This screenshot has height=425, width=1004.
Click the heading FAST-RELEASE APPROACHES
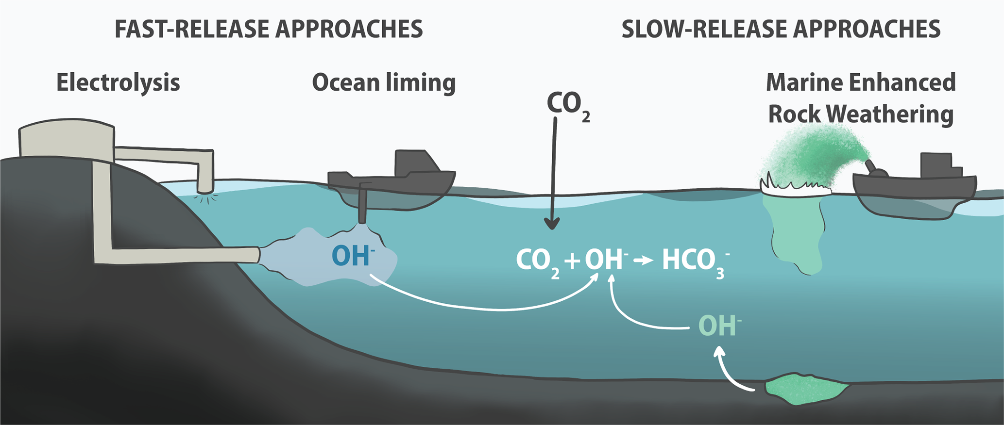click(x=269, y=29)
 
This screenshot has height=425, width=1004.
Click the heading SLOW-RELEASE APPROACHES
click(x=781, y=29)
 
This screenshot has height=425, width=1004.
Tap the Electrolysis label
click(x=118, y=82)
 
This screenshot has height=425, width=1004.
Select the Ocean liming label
click(x=384, y=82)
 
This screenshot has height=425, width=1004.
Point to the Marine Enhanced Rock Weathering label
click(x=861, y=98)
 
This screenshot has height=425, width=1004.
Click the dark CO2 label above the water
click(x=566, y=104)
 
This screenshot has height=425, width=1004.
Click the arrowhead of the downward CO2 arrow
click(x=552, y=224)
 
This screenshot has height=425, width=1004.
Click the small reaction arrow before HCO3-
click(x=643, y=261)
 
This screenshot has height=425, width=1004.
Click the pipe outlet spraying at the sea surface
click(x=205, y=187)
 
